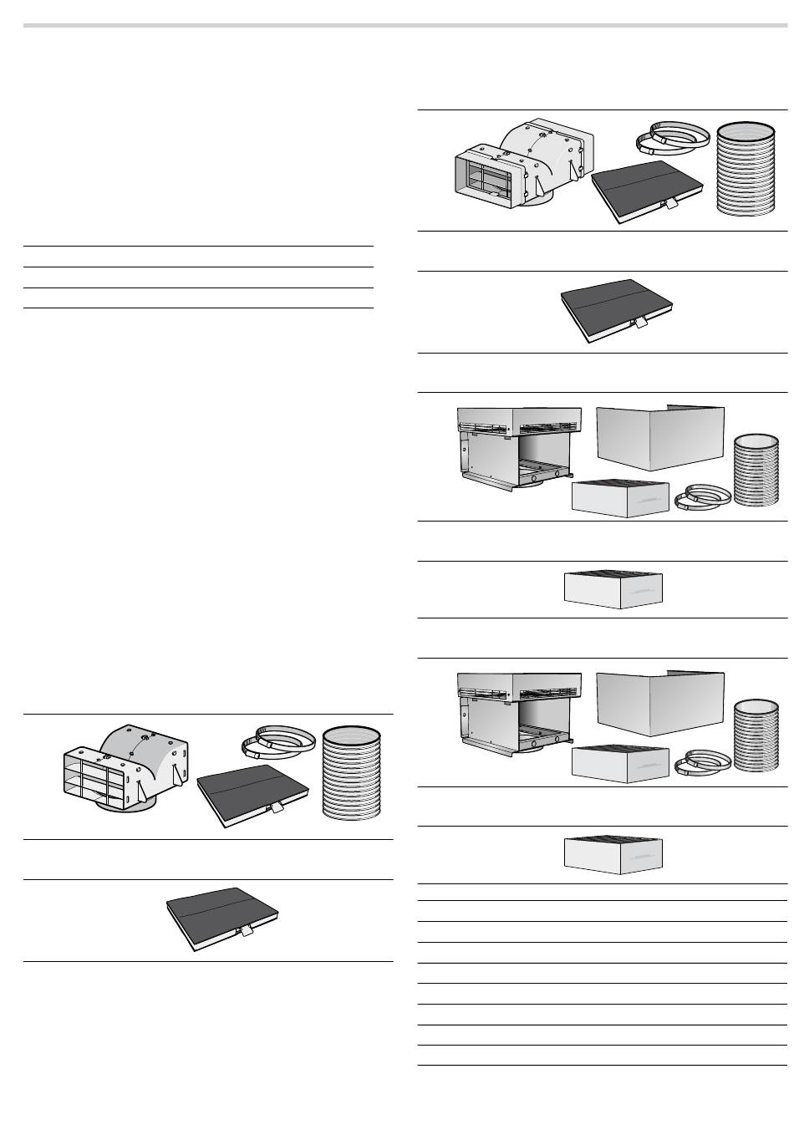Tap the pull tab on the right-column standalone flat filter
642,323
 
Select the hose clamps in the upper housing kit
702,496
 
